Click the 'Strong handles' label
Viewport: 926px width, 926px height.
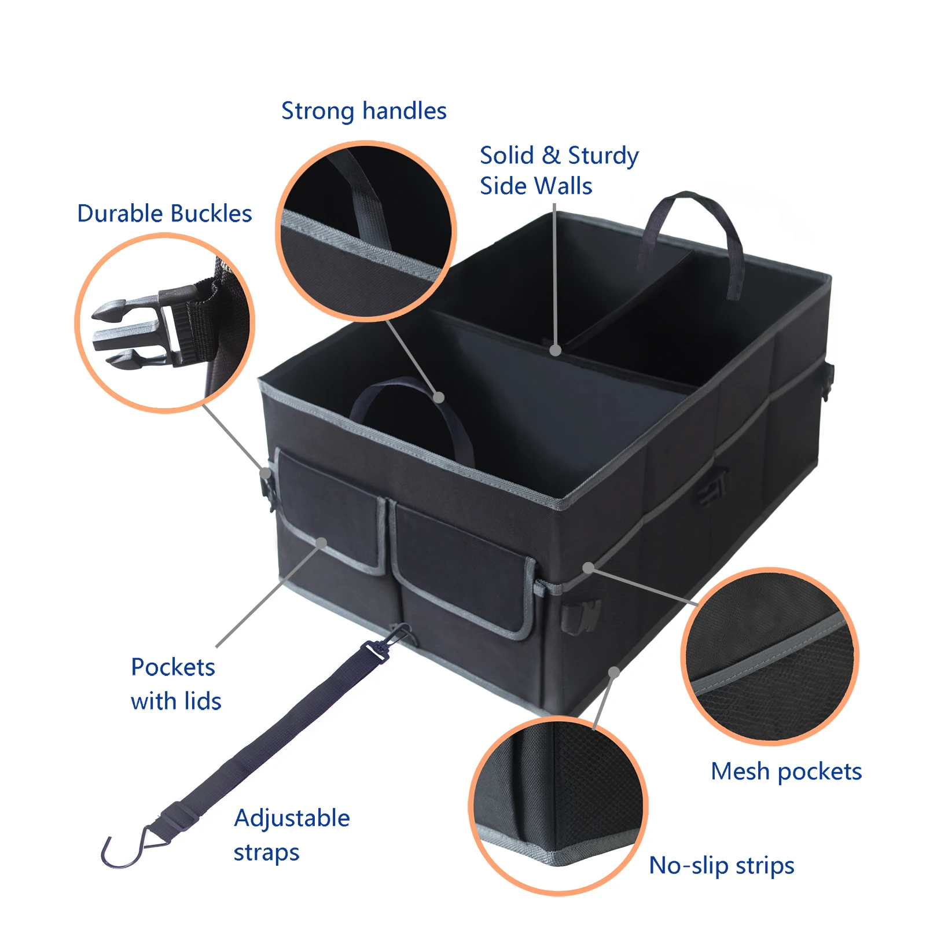click(363, 111)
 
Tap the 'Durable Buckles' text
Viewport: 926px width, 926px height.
click(164, 214)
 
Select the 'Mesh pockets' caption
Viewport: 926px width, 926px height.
click(786, 771)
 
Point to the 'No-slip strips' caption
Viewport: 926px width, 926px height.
click(721, 866)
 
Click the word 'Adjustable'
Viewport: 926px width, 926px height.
click(292, 818)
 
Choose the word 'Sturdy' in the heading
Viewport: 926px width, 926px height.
click(603, 156)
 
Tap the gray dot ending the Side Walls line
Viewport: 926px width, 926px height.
click(555, 350)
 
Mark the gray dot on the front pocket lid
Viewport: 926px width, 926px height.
click(322, 542)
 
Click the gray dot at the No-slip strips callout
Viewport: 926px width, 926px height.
click(614, 673)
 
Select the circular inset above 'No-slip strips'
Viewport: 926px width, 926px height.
click(558, 806)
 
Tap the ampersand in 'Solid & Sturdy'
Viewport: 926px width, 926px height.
click(551, 156)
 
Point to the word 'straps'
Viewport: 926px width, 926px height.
click(266, 853)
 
